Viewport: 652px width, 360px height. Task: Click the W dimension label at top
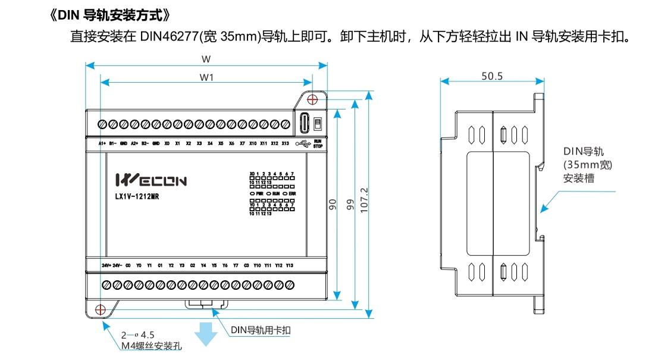click(x=206, y=59)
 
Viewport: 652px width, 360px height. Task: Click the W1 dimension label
click(x=206, y=77)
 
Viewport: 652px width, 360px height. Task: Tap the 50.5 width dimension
click(x=492, y=76)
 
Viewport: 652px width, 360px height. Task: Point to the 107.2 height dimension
click(x=365, y=202)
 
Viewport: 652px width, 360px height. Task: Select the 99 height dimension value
click(x=350, y=204)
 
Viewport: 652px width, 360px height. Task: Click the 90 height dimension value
click(x=333, y=204)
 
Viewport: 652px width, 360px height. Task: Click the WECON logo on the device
click(x=151, y=180)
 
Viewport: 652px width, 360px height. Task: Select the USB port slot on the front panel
click(x=304, y=123)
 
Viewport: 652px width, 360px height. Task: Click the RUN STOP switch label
click(x=317, y=143)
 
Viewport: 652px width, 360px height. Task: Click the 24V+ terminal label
click(x=106, y=265)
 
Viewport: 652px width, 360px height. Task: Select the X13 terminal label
click(x=285, y=143)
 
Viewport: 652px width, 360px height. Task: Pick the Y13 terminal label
click(x=289, y=265)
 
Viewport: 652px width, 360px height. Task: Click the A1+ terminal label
click(x=102, y=143)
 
